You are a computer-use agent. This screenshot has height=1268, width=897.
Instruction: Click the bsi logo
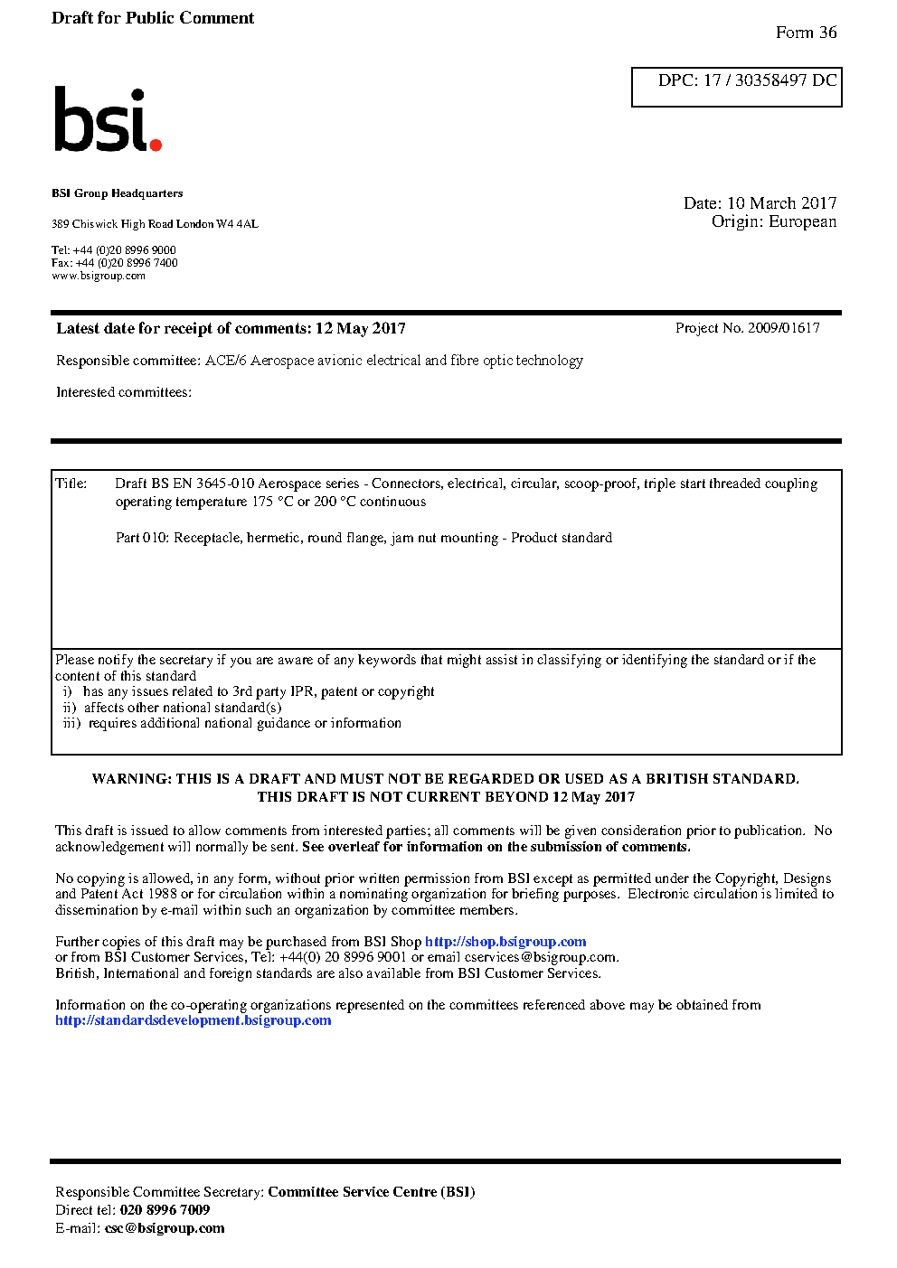(107, 120)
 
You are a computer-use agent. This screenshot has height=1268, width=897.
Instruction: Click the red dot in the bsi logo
(156, 145)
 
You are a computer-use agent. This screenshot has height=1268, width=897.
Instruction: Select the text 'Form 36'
(806, 33)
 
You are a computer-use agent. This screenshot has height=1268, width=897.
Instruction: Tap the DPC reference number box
(736, 87)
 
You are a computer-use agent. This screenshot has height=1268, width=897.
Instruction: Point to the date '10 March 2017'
(781, 203)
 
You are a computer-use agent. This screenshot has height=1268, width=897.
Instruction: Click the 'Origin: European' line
(773, 222)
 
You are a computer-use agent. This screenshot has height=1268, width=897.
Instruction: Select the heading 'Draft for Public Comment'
(153, 18)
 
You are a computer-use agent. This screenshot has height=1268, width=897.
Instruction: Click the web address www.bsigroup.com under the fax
(99, 277)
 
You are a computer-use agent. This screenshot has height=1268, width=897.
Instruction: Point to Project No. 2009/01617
(747, 328)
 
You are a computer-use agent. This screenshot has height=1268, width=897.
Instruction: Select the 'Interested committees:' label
(124, 392)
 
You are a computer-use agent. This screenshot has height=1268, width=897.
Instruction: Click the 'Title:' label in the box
(71, 484)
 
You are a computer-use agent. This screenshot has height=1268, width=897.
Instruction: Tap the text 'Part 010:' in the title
(142, 538)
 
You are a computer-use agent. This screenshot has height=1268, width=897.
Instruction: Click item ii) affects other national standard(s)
(173, 708)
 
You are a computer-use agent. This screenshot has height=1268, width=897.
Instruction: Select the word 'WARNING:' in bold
(132, 779)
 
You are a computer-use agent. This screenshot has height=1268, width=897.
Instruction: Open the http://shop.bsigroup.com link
(505, 942)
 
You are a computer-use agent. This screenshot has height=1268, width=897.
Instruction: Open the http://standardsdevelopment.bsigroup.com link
(194, 1020)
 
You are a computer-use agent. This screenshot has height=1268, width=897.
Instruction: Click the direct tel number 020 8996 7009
(165, 1210)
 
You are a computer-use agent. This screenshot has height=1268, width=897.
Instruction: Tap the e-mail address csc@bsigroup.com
(165, 1228)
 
